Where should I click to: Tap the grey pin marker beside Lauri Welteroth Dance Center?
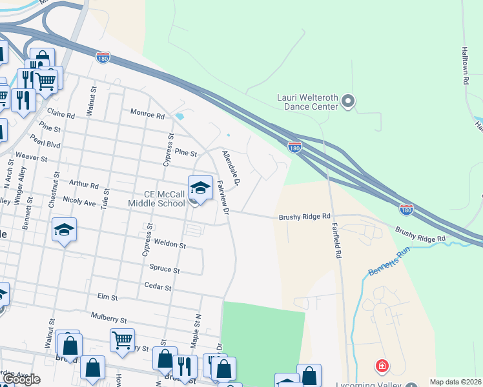(349, 101)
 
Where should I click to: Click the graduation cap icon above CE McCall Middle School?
(200, 188)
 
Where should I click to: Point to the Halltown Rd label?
(464, 65)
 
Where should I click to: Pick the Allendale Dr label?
(231, 169)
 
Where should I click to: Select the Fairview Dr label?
(223, 197)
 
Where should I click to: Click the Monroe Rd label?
(148, 114)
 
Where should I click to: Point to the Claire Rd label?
(61, 114)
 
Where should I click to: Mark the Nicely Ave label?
(79, 201)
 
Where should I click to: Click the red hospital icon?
(383, 366)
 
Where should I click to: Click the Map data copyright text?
(455, 382)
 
